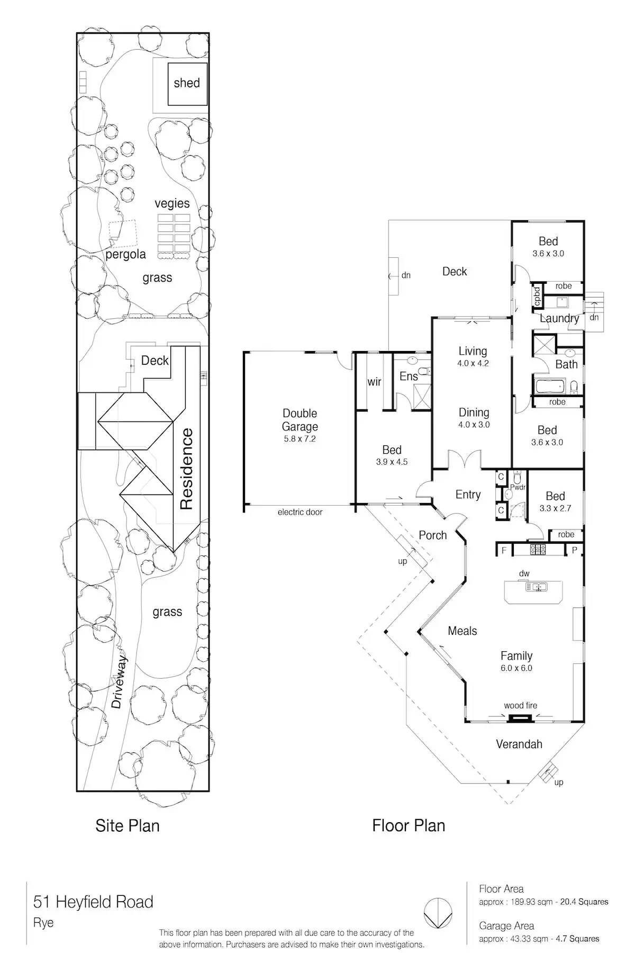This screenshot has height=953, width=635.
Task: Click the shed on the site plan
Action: tap(187, 83)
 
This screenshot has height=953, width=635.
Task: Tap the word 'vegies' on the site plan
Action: tap(172, 203)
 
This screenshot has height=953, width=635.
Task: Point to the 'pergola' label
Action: tap(125, 254)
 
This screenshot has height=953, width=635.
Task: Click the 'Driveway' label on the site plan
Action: tap(120, 681)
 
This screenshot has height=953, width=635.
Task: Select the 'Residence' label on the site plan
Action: tap(187, 469)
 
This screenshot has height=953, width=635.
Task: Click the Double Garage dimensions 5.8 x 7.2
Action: tap(300, 439)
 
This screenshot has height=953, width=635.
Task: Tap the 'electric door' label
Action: tap(300, 512)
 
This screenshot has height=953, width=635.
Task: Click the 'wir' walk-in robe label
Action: tap(374, 382)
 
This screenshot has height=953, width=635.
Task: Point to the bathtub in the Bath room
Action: tap(550, 386)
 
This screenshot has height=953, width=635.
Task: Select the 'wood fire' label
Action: tap(520, 705)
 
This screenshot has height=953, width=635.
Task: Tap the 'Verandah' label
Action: tap(519, 744)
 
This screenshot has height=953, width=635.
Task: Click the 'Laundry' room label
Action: tap(559, 318)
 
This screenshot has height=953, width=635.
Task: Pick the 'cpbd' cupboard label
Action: tap(537, 296)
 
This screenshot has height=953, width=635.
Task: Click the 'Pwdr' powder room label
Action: tap(518, 487)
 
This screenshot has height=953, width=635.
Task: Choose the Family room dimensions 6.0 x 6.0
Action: tap(516, 668)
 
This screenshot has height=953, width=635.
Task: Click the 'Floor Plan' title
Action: tap(409, 825)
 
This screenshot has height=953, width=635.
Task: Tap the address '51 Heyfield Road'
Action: tap(93, 902)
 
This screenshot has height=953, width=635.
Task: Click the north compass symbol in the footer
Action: tap(438, 913)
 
